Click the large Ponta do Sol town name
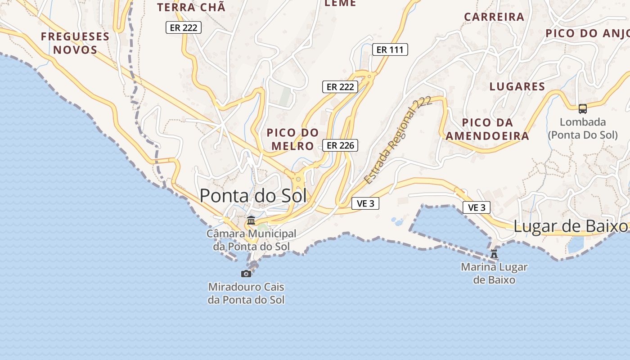[253, 196]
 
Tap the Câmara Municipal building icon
[251, 220]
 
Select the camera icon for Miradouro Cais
[246, 274]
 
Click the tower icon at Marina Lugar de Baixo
[494, 254]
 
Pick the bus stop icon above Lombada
[583, 109]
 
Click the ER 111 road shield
[390, 49]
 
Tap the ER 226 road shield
[340, 145]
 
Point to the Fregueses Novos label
[75, 43]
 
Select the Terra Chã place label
[191, 7]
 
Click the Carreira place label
[494, 17]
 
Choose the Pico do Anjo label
[587, 33]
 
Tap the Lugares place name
[517, 86]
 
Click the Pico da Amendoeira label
[488, 129]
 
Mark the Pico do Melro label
[292, 139]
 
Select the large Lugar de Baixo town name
[570, 226]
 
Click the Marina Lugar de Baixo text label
[494, 273]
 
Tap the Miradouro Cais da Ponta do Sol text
[246, 293]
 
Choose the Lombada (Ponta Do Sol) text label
[583, 128]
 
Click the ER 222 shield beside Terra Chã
[183, 27]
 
